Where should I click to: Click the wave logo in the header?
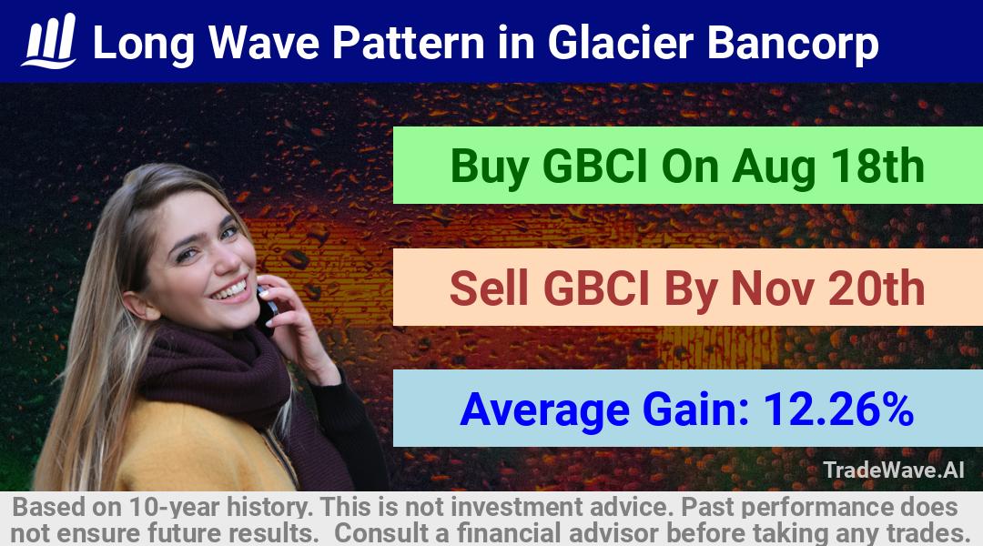click(x=49, y=41)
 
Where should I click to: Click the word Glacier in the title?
click(x=621, y=43)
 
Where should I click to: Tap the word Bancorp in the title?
click(x=793, y=44)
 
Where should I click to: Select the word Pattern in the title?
click(x=408, y=43)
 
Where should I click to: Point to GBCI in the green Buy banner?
click(x=594, y=167)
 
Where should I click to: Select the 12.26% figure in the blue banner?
click(x=838, y=409)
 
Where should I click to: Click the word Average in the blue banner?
click(x=544, y=410)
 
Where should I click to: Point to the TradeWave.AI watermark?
click(x=894, y=470)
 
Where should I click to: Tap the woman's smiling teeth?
click(x=230, y=291)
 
